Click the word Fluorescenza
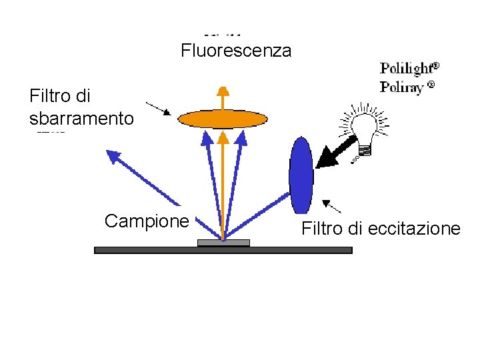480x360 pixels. (x=236, y=51)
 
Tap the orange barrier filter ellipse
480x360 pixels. (x=223, y=119)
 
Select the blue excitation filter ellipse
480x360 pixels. (x=301, y=175)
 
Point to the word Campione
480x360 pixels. (x=147, y=221)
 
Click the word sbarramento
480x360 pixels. (x=81, y=119)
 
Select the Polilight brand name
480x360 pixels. (x=405, y=68)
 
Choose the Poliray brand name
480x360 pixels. (x=401, y=87)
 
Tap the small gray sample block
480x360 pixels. (x=223, y=243)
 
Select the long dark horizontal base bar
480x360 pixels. (x=223, y=250)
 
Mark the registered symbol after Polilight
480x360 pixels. (x=435, y=66)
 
